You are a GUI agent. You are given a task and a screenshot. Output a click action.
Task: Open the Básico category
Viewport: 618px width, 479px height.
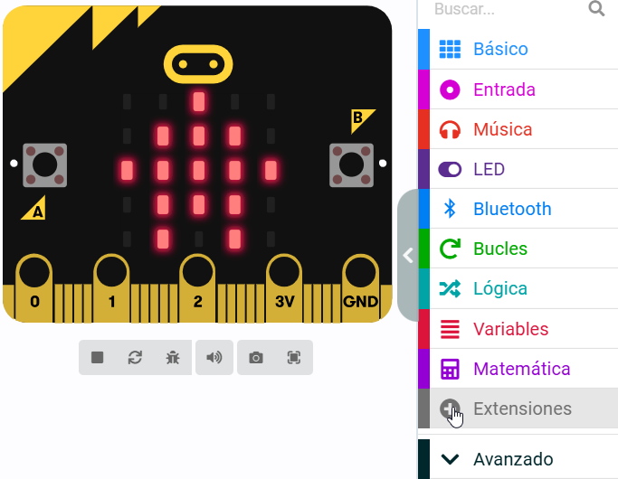pos(500,49)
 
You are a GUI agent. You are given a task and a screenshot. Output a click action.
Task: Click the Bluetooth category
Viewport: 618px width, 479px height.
pos(511,209)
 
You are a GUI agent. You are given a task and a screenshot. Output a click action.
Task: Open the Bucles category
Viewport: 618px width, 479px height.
pos(499,249)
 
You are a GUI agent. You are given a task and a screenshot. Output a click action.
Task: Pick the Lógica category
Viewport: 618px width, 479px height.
pos(499,288)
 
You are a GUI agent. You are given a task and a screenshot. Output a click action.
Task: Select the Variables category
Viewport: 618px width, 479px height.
pos(510,329)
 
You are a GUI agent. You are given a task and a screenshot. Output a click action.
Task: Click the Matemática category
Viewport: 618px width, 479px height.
pos(521,369)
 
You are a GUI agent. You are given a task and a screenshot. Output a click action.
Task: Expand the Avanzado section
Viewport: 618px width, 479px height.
pos(512,459)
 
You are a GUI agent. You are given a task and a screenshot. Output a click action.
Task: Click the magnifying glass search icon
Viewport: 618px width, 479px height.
pos(596,9)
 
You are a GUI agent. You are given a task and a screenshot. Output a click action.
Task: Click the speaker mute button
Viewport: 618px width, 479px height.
pos(214,358)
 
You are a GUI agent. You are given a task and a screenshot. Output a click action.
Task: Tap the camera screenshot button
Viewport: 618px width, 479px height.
pos(256,358)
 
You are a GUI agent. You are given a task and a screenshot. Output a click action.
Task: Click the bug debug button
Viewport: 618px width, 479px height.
pos(173,358)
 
